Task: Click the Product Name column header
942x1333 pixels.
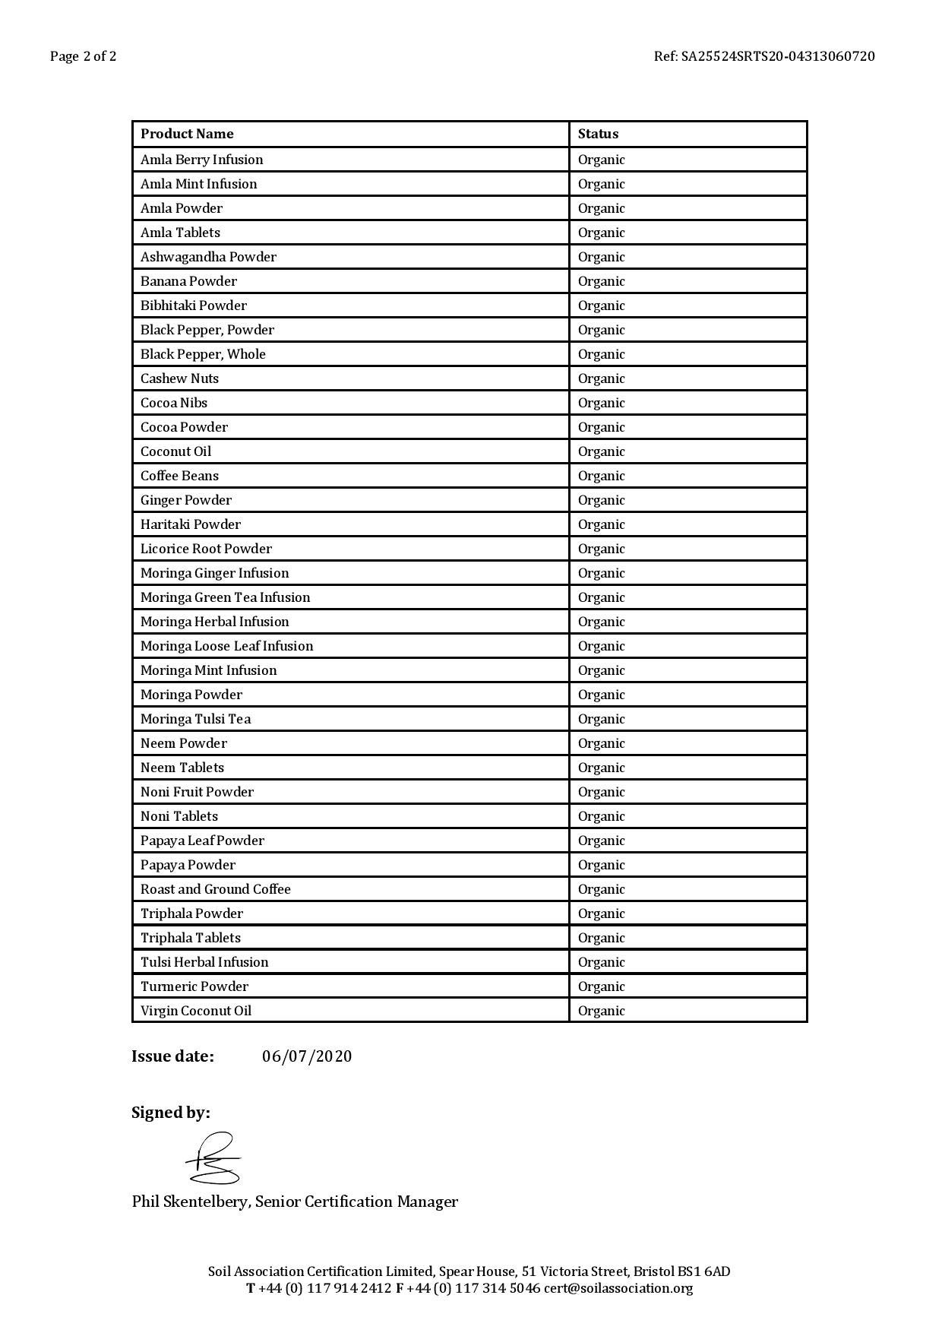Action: click(187, 134)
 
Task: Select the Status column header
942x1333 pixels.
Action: click(598, 134)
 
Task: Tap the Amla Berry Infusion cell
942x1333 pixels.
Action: click(201, 160)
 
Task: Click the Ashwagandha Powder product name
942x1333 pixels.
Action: click(208, 257)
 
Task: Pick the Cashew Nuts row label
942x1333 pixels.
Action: click(179, 378)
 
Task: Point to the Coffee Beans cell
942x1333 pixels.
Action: click(179, 476)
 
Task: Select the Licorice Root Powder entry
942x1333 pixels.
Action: click(206, 549)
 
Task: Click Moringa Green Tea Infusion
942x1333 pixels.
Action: click(225, 597)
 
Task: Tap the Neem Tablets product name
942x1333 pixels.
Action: click(182, 768)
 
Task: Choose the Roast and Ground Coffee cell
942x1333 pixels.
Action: click(215, 889)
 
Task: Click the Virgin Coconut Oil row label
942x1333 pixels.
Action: click(196, 1011)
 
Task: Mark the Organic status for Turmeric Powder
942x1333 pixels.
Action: click(601, 986)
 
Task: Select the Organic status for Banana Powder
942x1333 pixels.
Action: click(601, 281)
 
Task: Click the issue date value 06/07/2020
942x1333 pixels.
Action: click(307, 1056)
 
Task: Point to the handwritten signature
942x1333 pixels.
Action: click(213, 1159)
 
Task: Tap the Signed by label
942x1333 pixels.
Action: click(171, 1113)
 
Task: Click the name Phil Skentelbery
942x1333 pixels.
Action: click(190, 1202)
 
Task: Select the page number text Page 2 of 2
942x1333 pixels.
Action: click(84, 56)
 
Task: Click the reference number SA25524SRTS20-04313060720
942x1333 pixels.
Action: click(777, 56)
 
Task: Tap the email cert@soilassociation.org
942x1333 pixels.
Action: click(618, 1288)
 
